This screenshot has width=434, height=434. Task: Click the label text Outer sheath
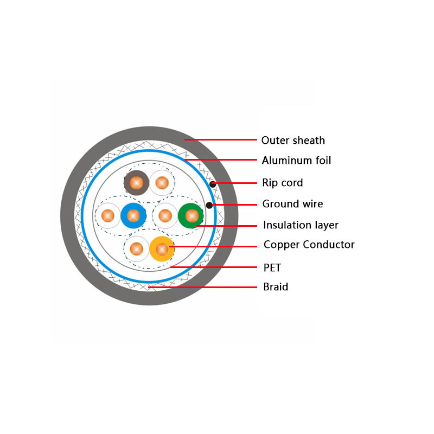point(293,141)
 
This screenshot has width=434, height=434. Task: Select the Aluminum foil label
point(296,161)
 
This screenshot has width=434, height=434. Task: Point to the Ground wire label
point(292,204)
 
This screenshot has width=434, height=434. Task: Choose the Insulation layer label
point(301,225)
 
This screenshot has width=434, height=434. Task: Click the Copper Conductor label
point(309,245)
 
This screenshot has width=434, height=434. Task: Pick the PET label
point(272,267)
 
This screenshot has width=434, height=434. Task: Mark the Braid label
point(276,287)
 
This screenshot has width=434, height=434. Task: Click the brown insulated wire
point(136,183)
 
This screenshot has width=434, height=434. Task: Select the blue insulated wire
point(133,216)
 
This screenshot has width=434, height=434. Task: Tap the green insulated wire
point(191,216)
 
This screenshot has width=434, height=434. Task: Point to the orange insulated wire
point(162,249)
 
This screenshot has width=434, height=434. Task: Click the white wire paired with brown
point(162,183)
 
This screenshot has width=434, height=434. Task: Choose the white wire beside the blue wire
point(108,216)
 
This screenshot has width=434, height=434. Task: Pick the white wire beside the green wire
point(165,216)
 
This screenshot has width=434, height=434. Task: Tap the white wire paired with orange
point(136,249)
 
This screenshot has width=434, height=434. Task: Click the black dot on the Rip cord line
point(213,184)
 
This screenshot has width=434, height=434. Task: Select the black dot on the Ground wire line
point(209,205)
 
